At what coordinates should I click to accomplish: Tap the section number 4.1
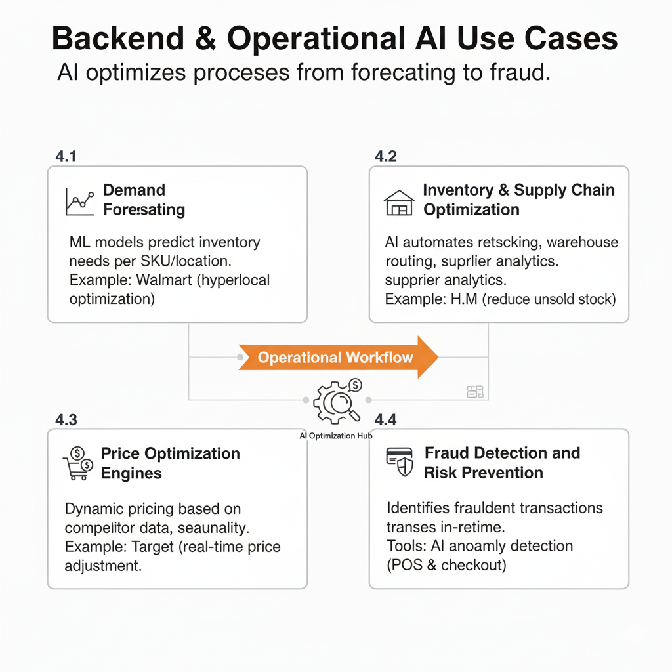point(66,157)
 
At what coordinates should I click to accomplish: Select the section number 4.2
point(385,157)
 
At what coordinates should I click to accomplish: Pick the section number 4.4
point(385,420)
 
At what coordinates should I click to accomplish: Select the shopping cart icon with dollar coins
point(77,463)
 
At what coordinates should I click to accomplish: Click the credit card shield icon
point(399,462)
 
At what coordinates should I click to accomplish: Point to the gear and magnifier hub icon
point(337,401)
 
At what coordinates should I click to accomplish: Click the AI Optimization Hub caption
point(335,435)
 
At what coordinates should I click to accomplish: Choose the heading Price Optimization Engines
point(170,463)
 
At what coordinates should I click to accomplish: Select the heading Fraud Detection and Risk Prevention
point(502,463)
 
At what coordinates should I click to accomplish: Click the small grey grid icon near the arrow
point(474,392)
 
